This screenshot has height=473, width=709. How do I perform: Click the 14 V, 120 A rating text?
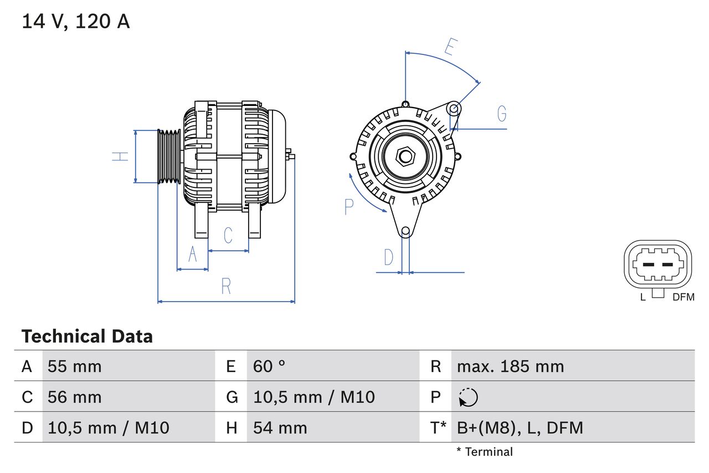click(x=76, y=22)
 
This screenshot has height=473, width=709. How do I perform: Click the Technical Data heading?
click(x=87, y=337)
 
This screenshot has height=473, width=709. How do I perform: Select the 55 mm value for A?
click(x=75, y=367)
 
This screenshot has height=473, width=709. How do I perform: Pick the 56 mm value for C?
click(x=75, y=397)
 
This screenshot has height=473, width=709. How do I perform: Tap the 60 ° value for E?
click(x=269, y=367)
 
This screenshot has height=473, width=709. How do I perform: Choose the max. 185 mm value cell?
click(x=510, y=367)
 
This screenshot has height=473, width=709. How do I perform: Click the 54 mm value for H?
click(x=280, y=428)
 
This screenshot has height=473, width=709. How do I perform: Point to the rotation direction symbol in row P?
click(x=468, y=398)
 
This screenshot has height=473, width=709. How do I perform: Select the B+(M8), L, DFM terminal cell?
click(x=520, y=428)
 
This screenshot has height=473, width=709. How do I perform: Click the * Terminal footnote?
click(x=485, y=452)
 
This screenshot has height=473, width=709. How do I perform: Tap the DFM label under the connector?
click(x=683, y=297)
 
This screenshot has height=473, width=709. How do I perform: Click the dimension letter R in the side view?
click(x=226, y=287)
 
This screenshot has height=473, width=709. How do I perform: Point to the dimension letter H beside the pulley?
click(x=120, y=156)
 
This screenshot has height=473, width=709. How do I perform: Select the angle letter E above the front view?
click(x=450, y=48)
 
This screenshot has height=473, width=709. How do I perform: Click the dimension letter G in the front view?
click(x=502, y=114)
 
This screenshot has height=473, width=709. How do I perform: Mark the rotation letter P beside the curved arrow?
click(x=348, y=207)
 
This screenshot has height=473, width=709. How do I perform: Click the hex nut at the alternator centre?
click(x=405, y=156)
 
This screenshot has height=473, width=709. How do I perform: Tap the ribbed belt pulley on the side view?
click(x=169, y=156)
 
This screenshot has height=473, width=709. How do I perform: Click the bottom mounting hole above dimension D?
click(x=405, y=231)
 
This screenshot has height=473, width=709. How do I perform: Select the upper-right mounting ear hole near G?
click(x=454, y=108)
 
